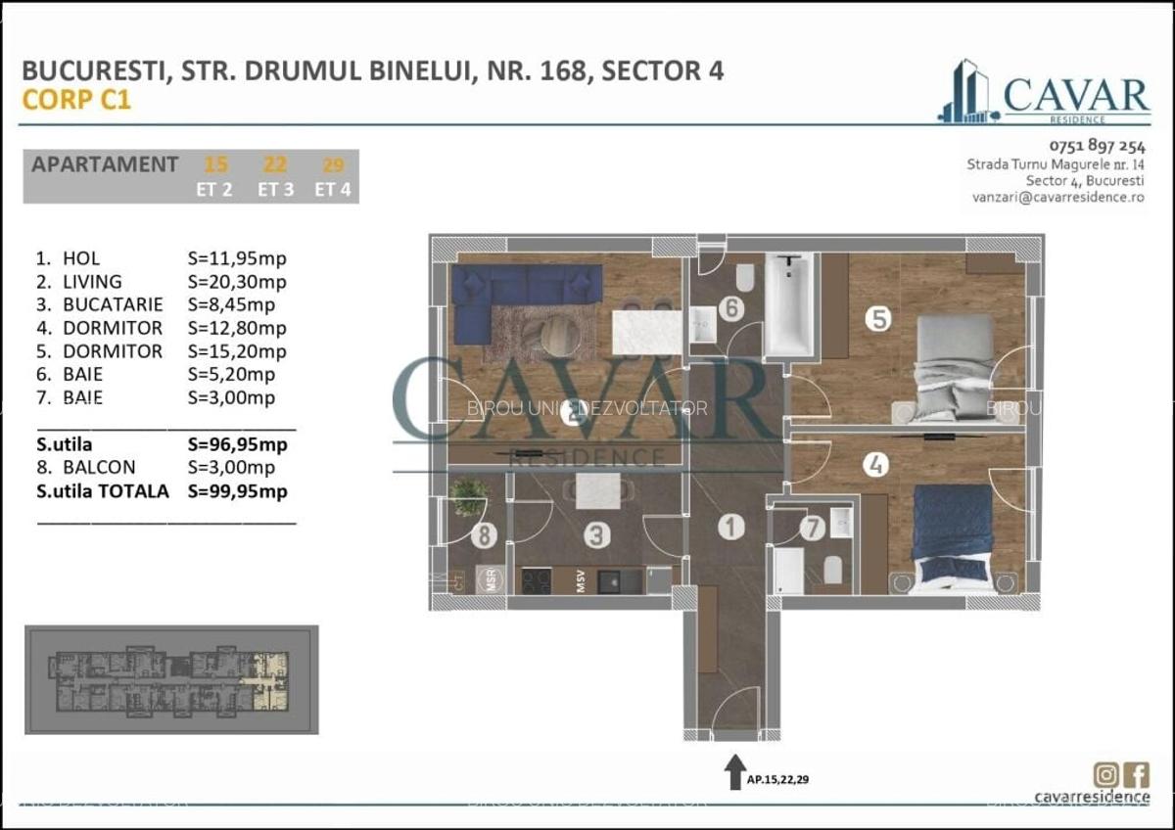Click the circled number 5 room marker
[x=878, y=318]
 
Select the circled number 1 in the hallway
[x=729, y=528]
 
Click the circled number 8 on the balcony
[x=483, y=535]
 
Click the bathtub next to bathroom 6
[x=788, y=305]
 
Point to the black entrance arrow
[x=733, y=772]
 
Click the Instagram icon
[x=1106, y=773]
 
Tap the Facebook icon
[x=1137, y=773]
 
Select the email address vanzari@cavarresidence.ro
[x=1057, y=197]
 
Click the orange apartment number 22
[x=275, y=164]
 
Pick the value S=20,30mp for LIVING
[x=237, y=282]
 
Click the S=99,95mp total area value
[x=237, y=491]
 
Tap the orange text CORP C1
[x=76, y=99]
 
